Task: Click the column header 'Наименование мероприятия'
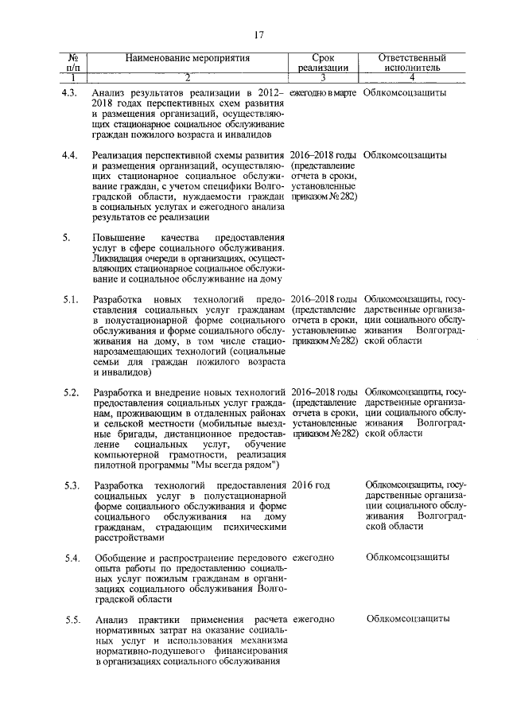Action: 188,58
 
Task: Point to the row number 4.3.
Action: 70,93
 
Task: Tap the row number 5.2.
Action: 70,392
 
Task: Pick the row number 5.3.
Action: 70,485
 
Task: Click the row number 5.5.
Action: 70,620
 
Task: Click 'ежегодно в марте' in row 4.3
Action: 322,93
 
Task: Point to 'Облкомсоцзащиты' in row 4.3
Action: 404,93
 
